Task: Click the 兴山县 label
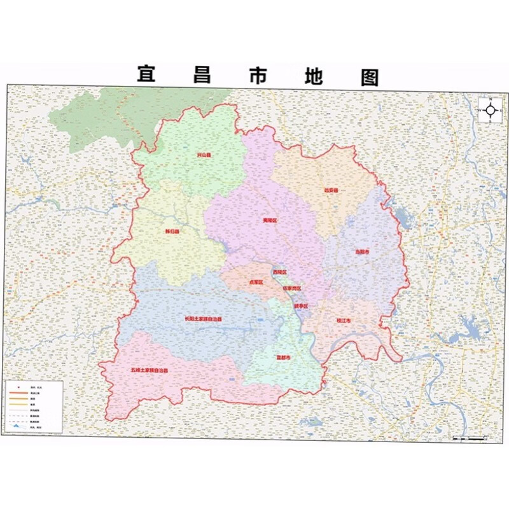204,155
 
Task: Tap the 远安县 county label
331,190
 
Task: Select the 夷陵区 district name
270,221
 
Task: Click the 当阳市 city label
362,251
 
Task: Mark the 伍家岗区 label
292,288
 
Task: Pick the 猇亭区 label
301,306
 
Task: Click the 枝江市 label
344,321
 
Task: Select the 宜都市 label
283,358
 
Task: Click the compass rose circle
491,110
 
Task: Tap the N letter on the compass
491,99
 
